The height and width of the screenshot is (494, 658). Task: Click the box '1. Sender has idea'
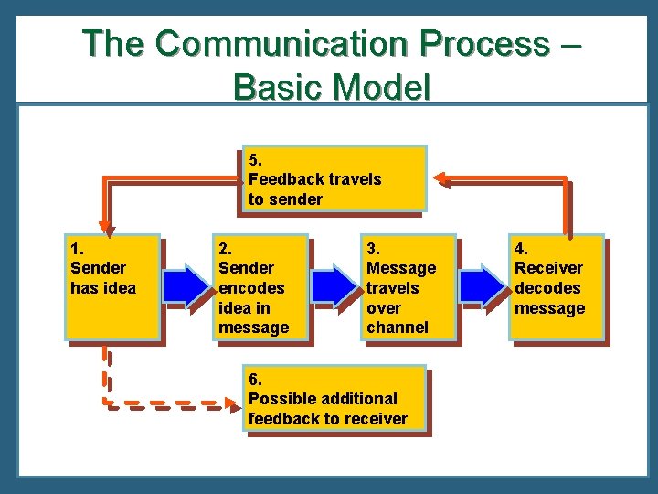pyautogui.click(x=112, y=287)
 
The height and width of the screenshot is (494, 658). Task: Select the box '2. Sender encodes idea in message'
pyautogui.click(x=261, y=287)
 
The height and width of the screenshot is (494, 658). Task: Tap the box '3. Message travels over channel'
pyautogui.click(x=409, y=287)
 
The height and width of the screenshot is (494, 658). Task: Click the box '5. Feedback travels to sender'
pyautogui.click(x=334, y=178)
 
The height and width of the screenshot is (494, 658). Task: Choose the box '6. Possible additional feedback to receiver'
pyautogui.click(x=335, y=398)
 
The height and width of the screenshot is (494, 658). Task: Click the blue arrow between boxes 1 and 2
pyautogui.click(x=187, y=286)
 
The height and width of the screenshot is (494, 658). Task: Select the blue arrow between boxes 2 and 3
pyautogui.click(x=335, y=286)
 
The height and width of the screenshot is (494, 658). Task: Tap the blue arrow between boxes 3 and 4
pyautogui.click(x=482, y=286)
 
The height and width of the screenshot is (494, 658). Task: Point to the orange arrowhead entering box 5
pyautogui.click(x=440, y=178)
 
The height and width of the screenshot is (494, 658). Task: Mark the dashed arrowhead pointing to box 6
pyautogui.click(x=233, y=401)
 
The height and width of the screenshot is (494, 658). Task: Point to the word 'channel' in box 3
pyautogui.click(x=397, y=328)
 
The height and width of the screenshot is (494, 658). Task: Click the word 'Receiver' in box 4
pyautogui.click(x=548, y=268)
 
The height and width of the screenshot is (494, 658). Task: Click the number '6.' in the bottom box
pyautogui.click(x=256, y=379)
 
